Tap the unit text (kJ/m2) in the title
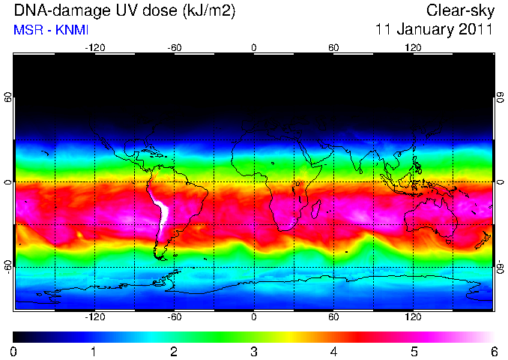point(209,11)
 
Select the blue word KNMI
point(72,30)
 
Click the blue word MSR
point(28,30)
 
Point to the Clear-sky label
point(460,10)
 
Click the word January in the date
point(424,29)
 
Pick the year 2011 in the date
point(475,28)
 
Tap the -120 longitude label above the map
point(95,48)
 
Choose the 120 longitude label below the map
point(413,316)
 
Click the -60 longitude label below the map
point(175,316)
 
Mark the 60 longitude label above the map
point(333,48)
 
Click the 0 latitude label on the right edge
point(501,182)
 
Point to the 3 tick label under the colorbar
point(254,352)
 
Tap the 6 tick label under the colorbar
point(494,352)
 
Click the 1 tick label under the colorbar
point(94,352)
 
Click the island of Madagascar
point(316,208)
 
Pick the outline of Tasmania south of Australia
point(448,241)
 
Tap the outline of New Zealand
point(483,240)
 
